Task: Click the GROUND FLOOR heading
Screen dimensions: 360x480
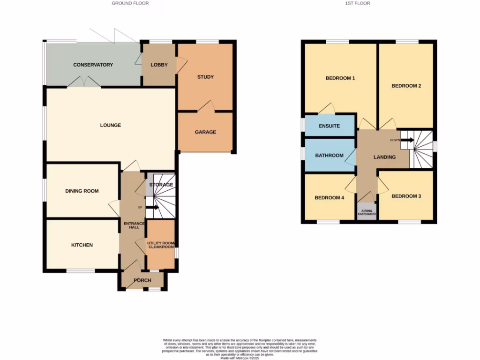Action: (130, 3)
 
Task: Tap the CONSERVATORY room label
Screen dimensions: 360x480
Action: (93, 65)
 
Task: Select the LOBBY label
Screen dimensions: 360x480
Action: (159, 65)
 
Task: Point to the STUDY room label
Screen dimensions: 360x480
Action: (205, 77)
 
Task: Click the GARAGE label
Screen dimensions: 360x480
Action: (205, 132)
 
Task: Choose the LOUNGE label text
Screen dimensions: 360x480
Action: (111, 125)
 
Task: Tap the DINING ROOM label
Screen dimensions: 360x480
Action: (82, 191)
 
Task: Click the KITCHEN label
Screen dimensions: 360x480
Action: (82, 245)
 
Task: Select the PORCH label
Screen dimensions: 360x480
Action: (142, 281)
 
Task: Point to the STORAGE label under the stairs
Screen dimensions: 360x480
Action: (161, 185)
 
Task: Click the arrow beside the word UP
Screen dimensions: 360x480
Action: (152, 207)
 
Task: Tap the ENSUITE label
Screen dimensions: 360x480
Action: (329, 126)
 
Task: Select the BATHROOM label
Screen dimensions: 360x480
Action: (329, 155)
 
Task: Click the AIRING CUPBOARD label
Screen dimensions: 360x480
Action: (367, 212)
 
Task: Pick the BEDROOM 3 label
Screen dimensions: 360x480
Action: (406, 196)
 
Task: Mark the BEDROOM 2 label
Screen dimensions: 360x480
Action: (406, 86)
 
